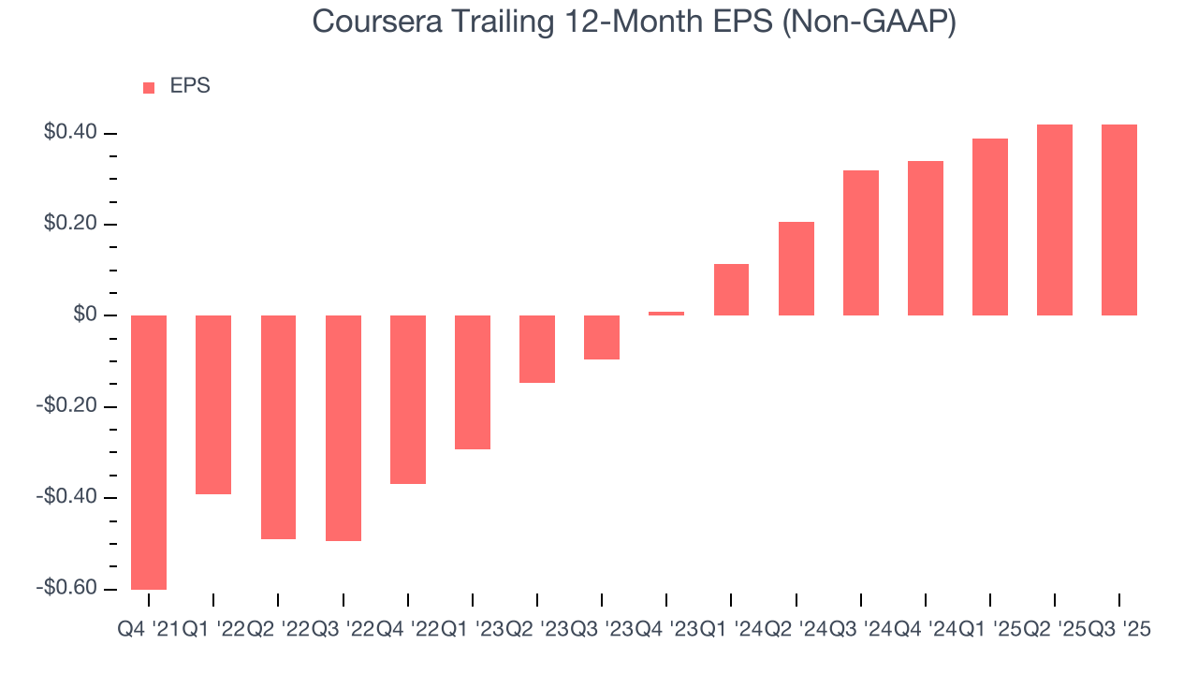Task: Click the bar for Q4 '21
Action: [149, 452]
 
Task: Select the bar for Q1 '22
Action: [213, 404]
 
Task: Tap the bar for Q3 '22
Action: [343, 428]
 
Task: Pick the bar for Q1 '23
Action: [473, 382]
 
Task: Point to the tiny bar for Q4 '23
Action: [666, 314]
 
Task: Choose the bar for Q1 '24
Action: [731, 289]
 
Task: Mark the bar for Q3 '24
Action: [861, 242]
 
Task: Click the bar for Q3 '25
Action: [1119, 220]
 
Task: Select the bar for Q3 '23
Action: [602, 337]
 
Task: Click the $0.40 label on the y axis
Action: [70, 133]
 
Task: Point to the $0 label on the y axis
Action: [85, 315]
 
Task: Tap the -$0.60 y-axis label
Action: [66, 588]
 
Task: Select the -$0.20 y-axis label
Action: [66, 406]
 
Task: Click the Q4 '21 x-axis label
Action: [148, 631]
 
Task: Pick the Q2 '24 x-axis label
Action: [796, 631]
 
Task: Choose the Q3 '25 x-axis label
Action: [1119, 631]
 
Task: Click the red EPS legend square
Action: [149, 87]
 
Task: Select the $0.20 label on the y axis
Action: [70, 225]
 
